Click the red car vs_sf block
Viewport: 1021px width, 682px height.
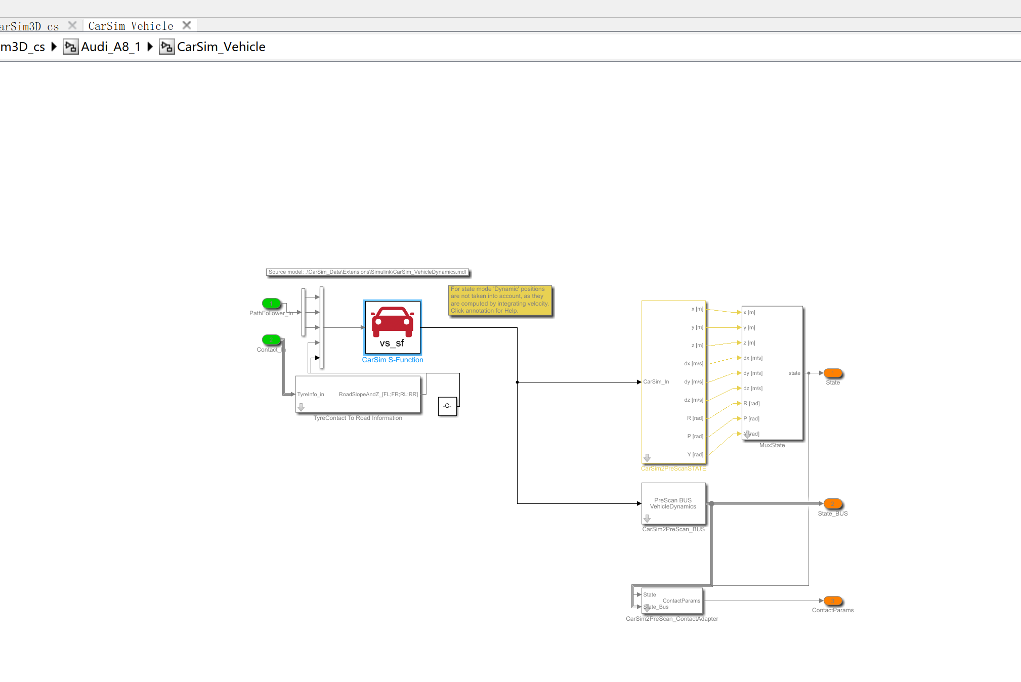point(393,327)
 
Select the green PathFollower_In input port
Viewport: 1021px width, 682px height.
point(271,303)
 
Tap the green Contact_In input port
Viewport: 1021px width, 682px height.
point(271,339)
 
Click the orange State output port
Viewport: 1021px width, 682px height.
point(832,373)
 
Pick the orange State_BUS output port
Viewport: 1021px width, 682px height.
point(832,504)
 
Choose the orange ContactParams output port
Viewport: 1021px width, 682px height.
point(832,601)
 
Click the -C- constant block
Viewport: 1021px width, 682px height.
point(447,406)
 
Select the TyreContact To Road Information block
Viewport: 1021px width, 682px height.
point(358,394)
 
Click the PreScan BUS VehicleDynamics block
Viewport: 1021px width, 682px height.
point(673,503)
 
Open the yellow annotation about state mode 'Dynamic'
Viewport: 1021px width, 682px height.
point(499,300)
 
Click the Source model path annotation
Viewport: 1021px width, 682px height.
point(367,272)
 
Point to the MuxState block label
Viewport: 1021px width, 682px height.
point(772,446)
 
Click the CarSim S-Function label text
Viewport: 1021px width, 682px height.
point(393,360)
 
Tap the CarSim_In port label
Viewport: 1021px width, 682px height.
point(656,382)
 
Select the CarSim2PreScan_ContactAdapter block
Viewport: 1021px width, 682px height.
point(672,601)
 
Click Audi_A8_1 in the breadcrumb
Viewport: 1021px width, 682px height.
point(110,47)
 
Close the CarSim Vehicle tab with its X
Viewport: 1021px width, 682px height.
point(187,25)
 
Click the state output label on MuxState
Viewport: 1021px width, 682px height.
point(794,373)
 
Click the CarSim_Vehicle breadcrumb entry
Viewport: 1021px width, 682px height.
point(221,47)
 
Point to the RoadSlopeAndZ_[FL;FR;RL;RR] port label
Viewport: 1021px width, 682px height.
point(378,395)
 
